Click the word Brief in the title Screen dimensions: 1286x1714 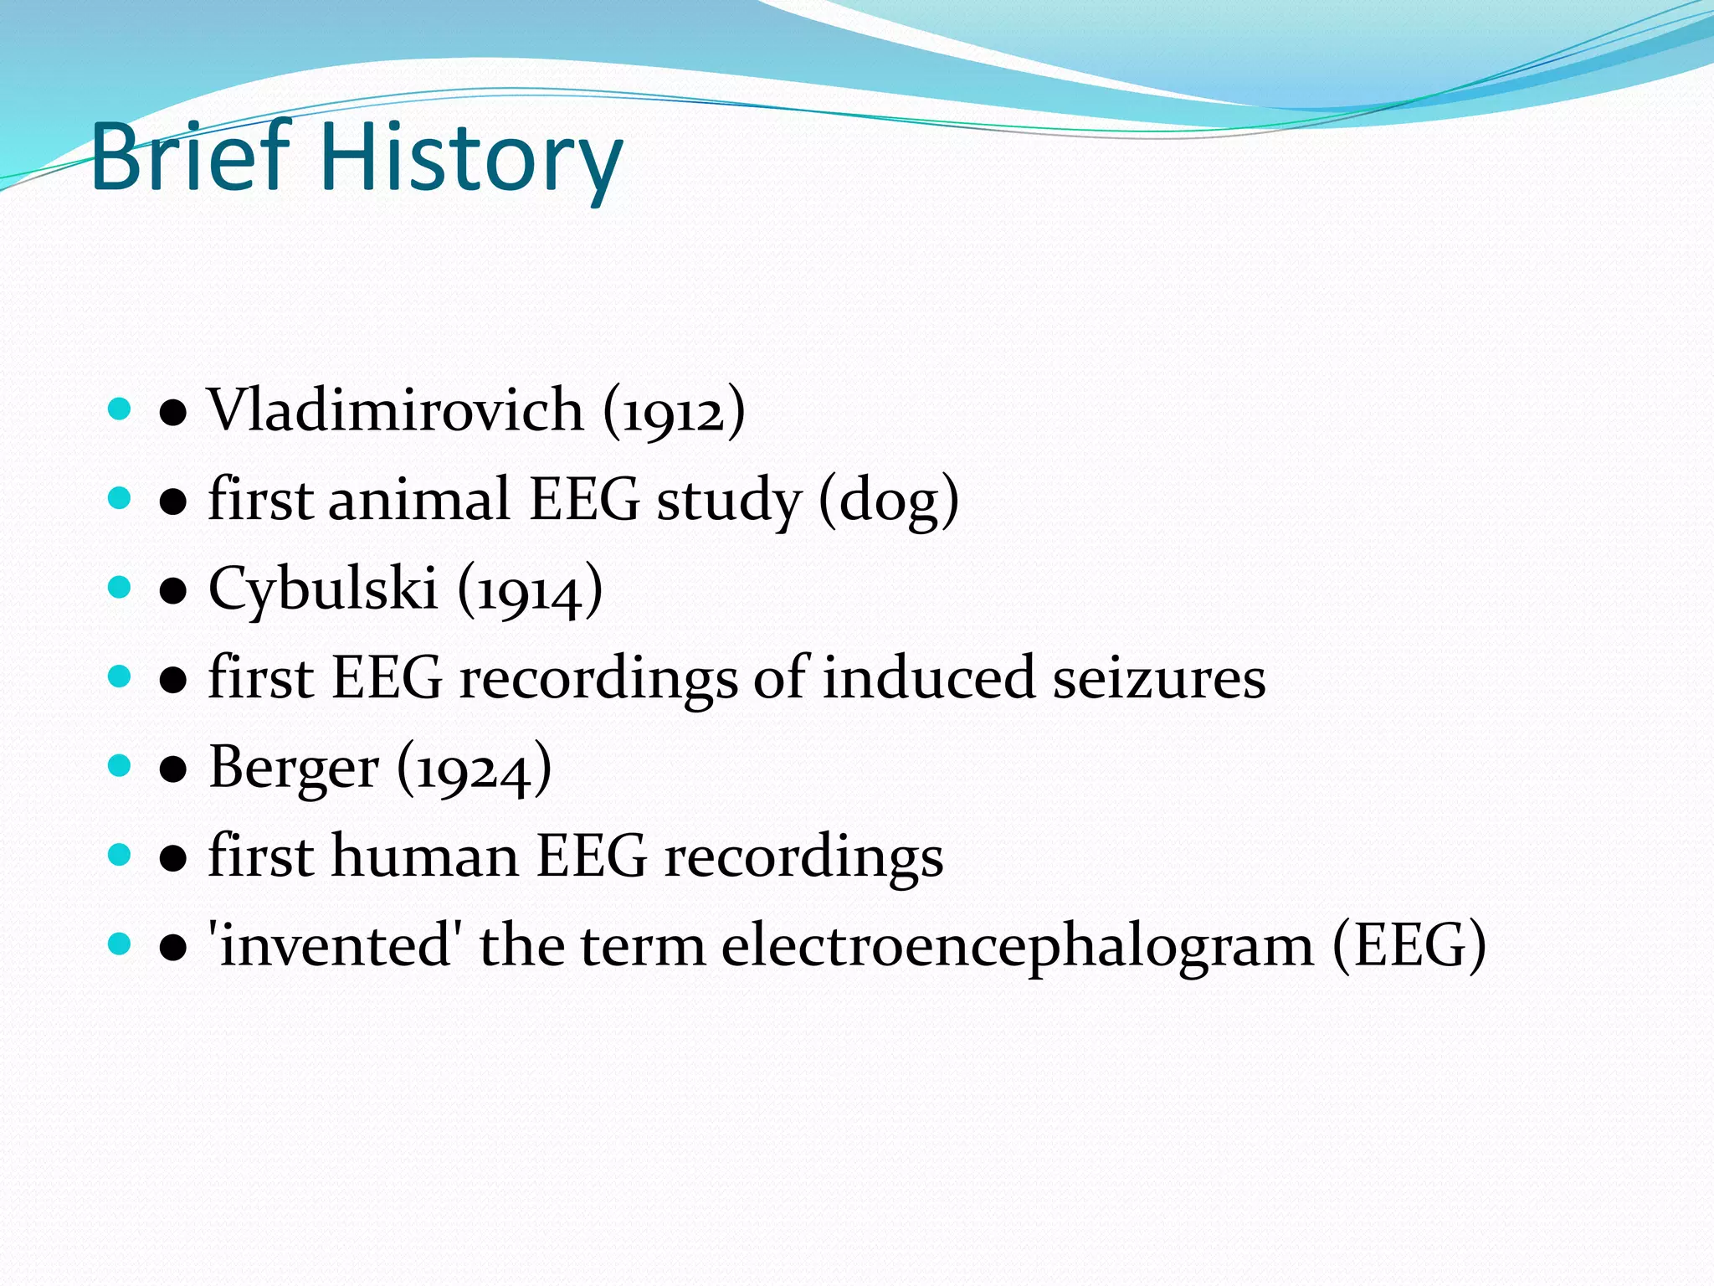coord(192,157)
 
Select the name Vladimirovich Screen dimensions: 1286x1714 coord(396,410)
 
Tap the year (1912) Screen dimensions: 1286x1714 coord(674,412)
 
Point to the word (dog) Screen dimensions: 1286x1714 coord(889,501)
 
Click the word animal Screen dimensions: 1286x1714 coord(419,499)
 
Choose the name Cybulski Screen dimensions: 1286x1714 coord(323,588)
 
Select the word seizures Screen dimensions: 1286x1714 coord(1159,678)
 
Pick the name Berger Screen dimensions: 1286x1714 coord(294,768)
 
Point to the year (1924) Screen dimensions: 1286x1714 coord(474,769)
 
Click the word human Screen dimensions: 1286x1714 coord(425,856)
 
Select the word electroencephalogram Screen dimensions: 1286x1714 coord(1018,947)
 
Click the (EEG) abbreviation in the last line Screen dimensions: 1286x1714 coord(1409,946)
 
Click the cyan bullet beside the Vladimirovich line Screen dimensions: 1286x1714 coord(120,409)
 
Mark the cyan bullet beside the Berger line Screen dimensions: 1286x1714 coord(120,765)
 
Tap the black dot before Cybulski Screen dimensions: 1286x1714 coord(173,590)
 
